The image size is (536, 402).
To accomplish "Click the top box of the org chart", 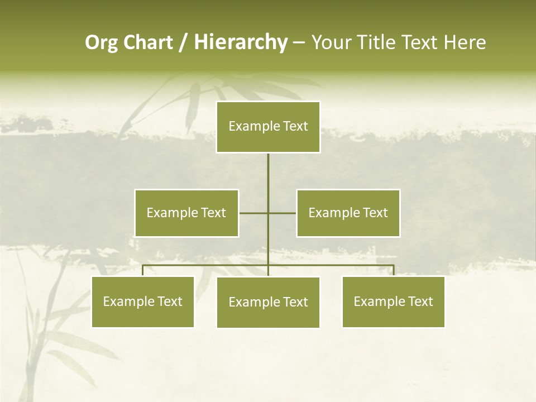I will click(268, 127).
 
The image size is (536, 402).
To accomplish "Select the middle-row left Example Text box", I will click(186, 213).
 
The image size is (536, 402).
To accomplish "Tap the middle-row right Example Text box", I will click(348, 213).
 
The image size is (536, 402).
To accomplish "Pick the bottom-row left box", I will click(143, 301).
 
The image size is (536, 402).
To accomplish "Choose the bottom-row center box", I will click(268, 302).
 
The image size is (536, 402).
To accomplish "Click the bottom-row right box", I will click(393, 301).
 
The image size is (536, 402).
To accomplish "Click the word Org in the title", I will click(101, 42).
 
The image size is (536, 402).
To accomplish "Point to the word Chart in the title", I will click(148, 42).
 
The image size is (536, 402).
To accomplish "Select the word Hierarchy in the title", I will click(241, 42).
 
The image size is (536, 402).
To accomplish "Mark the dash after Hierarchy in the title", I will click(299, 42).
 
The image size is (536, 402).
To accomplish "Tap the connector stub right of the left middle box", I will click(253, 213).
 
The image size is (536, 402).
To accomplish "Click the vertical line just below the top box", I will click(268, 167).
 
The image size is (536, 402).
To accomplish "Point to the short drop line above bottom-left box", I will click(143, 270).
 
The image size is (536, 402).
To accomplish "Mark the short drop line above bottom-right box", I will click(394, 270).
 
